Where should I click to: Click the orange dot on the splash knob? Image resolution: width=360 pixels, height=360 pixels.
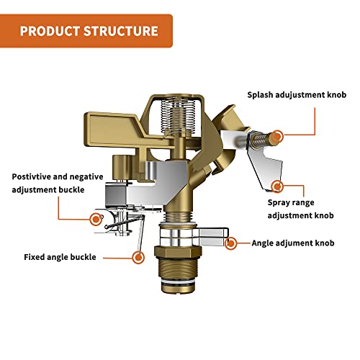pyautogui.click(x=278, y=133)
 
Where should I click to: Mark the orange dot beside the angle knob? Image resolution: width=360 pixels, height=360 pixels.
pyautogui.click(x=231, y=243)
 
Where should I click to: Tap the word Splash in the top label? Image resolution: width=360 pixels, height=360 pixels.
pyautogui.click(x=262, y=94)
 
